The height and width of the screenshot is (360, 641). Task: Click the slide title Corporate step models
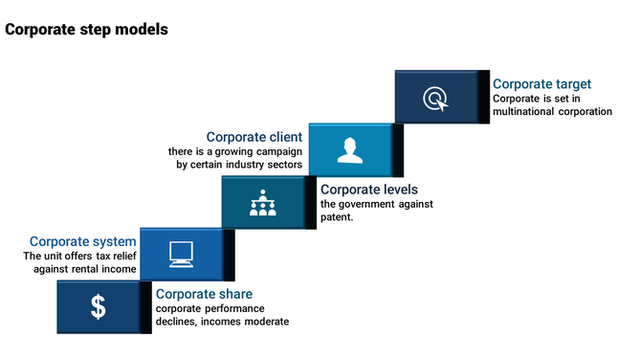pyautogui.click(x=86, y=30)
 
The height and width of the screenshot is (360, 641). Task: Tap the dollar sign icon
pyautogui.click(x=99, y=306)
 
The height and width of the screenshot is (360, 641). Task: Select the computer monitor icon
pyautogui.click(x=180, y=253)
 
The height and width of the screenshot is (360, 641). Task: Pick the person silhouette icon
pyautogui.click(x=347, y=149)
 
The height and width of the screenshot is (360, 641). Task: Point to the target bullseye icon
pyautogui.click(x=434, y=98)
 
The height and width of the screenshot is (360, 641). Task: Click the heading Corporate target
pyautogui.click(x=542, y=84)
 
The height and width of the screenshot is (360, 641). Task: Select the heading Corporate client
pyautogui.click(x=254, y=137)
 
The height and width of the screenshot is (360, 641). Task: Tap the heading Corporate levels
pyautogui.click(x=369, y=190)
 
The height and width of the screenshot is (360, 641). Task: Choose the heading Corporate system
pyautogui.click(x=82, y=242)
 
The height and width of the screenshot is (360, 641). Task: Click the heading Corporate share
pyautogui.click(x=204, y=294)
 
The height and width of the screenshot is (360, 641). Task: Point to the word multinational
pyautogui.click(x=522, y=111)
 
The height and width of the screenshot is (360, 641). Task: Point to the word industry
pyautogui.click(x=247, y=165)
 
